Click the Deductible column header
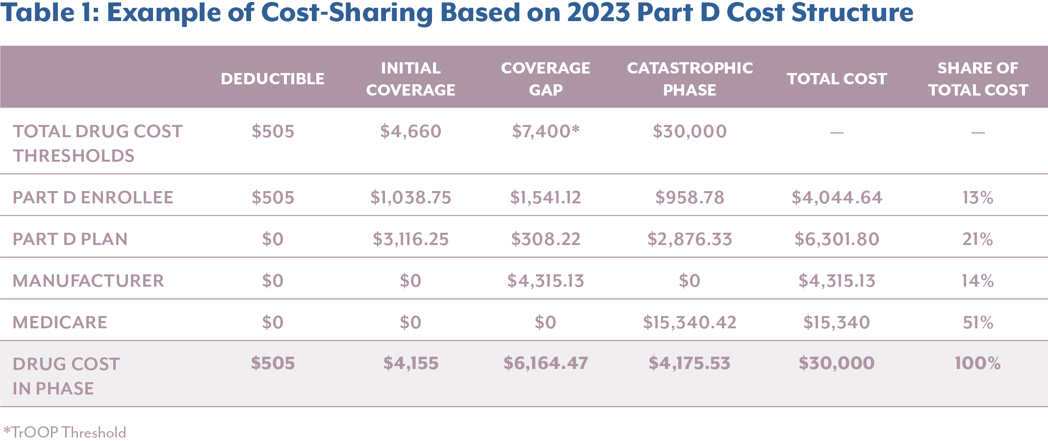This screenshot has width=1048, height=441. tap(272, 79)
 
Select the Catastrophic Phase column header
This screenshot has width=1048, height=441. tap(690, 79)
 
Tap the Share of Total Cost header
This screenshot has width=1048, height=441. tap(978, 79)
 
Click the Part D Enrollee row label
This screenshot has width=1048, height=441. tap(93, 197)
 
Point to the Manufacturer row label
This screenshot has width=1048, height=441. tap(88, 281)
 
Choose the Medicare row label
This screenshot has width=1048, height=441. tap(60, 322)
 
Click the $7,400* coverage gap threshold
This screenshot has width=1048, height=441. tap(545, 131)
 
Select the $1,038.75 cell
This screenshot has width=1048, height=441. tap(410, 197)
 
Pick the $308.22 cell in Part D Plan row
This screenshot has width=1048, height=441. tap(545, 239)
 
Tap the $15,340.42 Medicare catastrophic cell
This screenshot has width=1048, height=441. tap(690, 322)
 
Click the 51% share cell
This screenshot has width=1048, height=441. tap(978, 322)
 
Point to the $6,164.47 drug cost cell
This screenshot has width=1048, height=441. tap(545, 363)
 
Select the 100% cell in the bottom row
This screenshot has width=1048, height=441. tap(978, 363)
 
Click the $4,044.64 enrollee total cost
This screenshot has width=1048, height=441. tap(837, 197)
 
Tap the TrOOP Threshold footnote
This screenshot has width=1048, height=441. tap(65, 432)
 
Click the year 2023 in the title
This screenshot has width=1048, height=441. tap(598, 12)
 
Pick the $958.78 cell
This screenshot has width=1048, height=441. tap(690, 197)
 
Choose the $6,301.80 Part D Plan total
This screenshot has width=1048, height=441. tap(837, 239)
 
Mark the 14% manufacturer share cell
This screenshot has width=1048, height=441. tap(978, 281)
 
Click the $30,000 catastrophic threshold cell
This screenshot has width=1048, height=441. tap(690, 131)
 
